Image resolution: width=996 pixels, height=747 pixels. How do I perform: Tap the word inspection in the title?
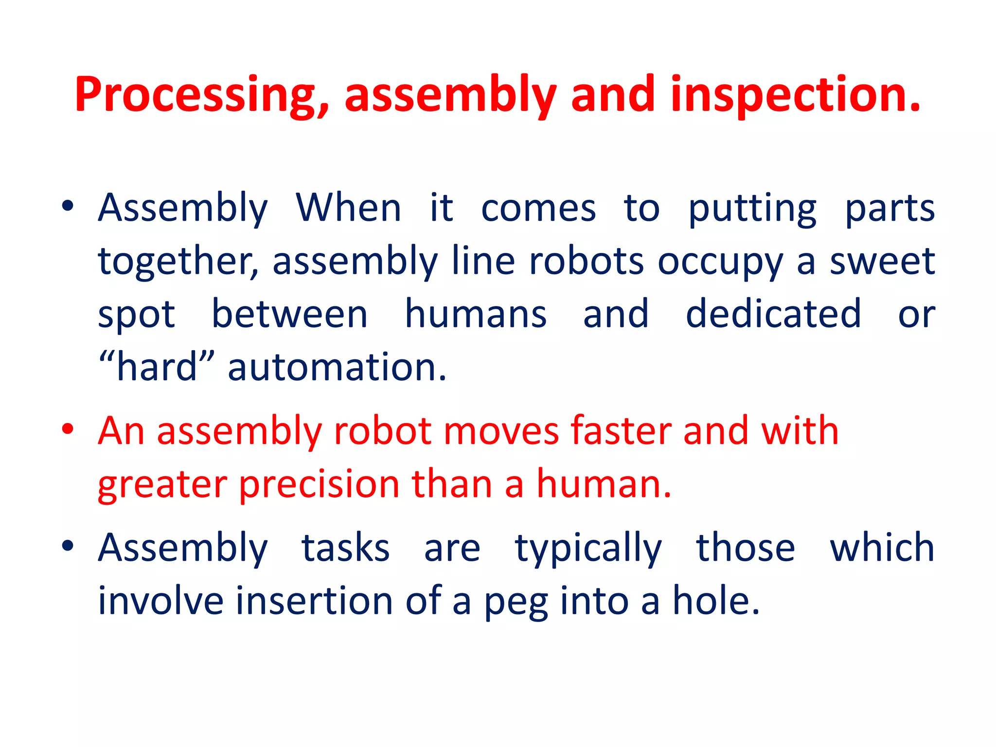point(795,95)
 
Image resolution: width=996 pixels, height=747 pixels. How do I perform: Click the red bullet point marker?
point(68,429)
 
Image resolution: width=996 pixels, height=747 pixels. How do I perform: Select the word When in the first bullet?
point(349,208)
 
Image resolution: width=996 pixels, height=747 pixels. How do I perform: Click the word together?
point(178,262)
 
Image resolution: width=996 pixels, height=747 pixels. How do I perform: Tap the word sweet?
point(882,261)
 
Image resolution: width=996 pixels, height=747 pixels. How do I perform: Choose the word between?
point(290,314)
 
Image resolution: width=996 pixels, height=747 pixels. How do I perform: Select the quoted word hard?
point(156,367)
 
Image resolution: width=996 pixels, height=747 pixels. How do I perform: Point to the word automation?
point(337,367)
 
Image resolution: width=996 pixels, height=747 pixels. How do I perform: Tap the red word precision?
point(319,484)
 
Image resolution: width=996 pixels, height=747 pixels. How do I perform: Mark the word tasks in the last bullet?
point(345,548)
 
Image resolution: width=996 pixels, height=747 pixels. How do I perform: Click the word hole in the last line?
point(715,601)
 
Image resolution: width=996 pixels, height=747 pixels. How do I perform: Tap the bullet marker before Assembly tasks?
point(68,546)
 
